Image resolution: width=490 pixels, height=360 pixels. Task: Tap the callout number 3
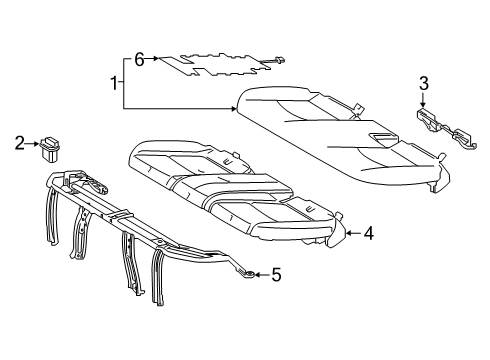(423, 83)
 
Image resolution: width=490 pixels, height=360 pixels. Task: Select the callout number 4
(369, 234)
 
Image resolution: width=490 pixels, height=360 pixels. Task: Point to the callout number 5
(278, 273)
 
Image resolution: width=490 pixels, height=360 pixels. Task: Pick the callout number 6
(140, 60)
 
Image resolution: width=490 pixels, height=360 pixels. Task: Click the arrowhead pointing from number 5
(257, 273)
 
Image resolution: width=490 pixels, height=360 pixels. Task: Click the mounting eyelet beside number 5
(243, 271)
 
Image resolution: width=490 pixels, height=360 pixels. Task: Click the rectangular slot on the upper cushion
(386, 132)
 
